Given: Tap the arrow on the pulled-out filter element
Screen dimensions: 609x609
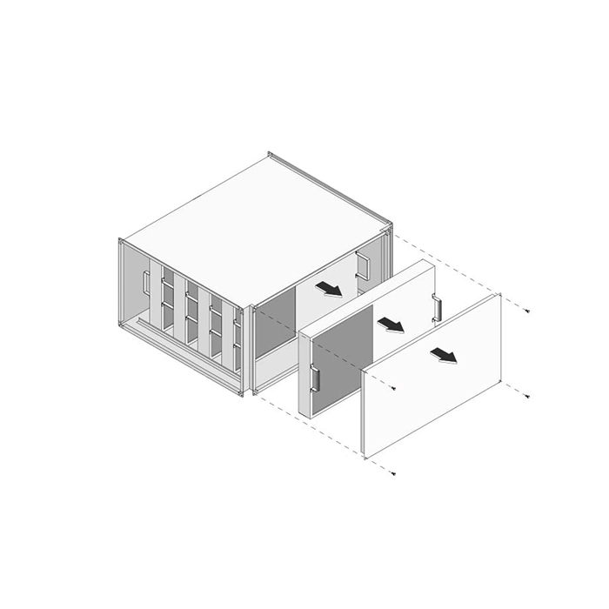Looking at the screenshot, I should pyautogui.click(x=391, y=325).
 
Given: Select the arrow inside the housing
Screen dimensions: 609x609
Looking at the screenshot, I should pyautogui.click(x=329, y=289).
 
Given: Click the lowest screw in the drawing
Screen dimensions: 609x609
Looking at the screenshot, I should pyautogui.click(x=393, y=472).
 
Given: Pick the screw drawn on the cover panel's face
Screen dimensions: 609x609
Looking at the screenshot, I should pyautogui.click(x=394, y=388).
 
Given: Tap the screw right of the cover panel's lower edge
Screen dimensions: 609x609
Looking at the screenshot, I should pyautogui.click(x=528, y=396).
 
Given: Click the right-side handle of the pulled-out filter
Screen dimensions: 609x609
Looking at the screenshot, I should pyautogui.click(x=436, y=308).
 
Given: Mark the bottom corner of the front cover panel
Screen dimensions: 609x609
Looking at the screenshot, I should pyautogui.click(x=365, y=458).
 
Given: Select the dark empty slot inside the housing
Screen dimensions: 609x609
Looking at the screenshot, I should pyautogui.click(x=274, y=331).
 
